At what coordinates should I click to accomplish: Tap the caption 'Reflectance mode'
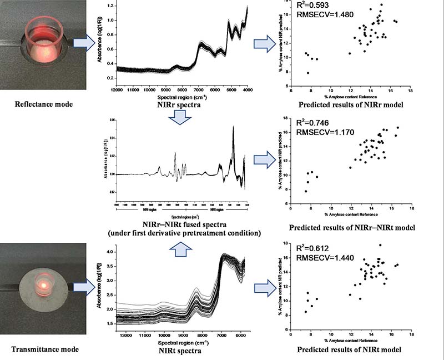point(38,103)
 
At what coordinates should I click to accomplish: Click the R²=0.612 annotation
point(306,249)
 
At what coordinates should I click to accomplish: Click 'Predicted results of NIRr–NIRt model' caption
point(349,228)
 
